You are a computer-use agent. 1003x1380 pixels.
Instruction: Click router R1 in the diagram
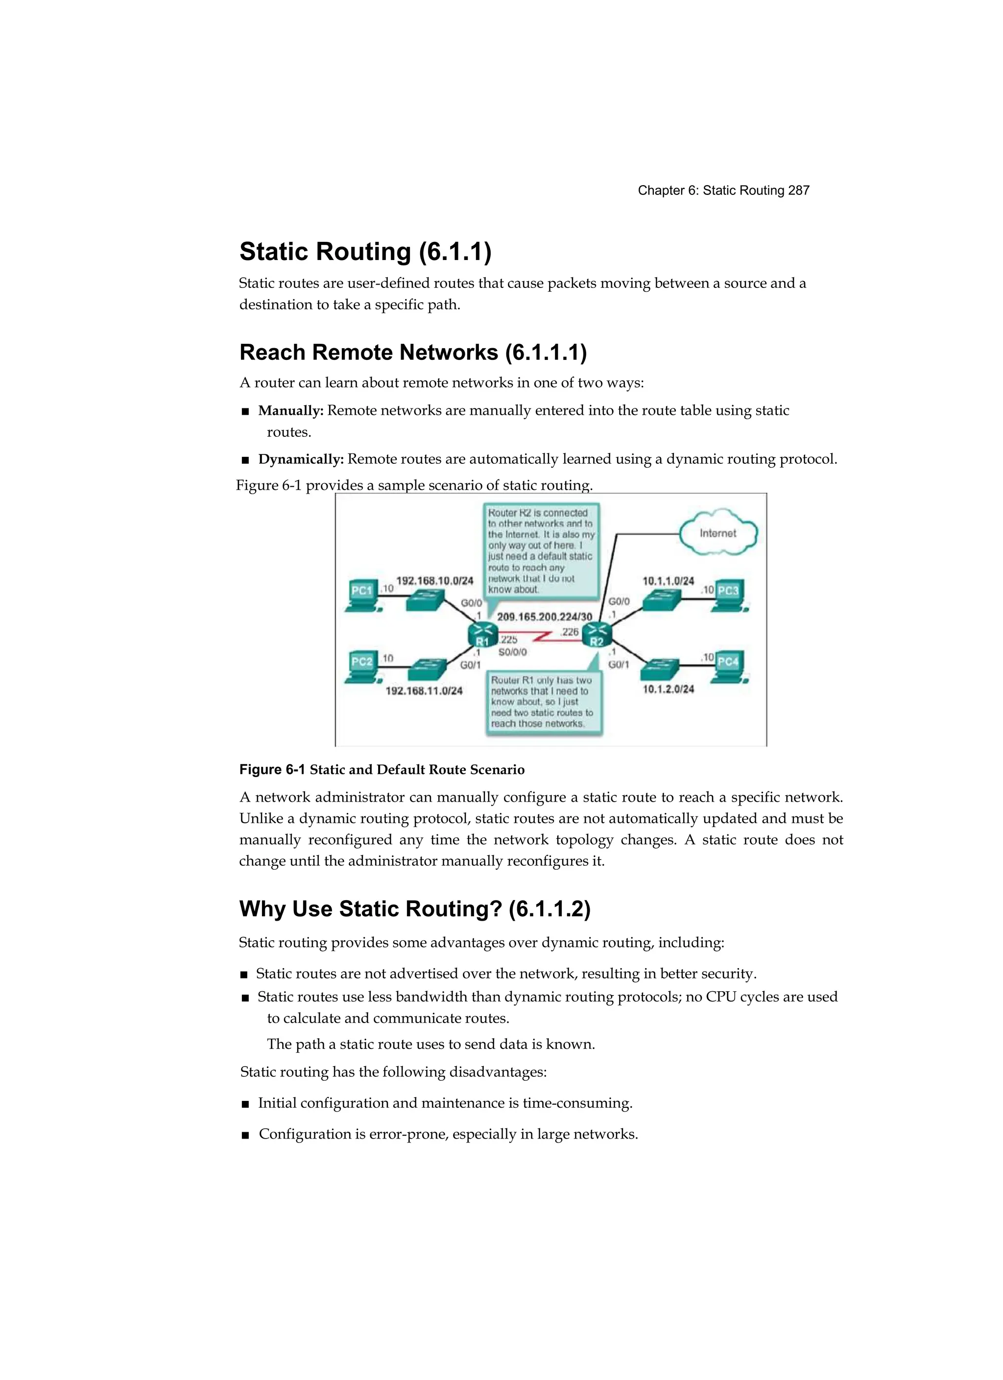pyautogui.click(x=482, y=636)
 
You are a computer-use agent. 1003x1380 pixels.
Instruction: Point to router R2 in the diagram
pyautogui.click(x=597, y=636)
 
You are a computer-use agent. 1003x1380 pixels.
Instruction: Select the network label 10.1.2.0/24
pyautogui.click(x=669, y=689)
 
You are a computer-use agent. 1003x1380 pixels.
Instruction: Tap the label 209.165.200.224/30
pyautogui.click(x=544, y=617)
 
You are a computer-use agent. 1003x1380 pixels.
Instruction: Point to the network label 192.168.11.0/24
pyautogui.click(x=424, y=690)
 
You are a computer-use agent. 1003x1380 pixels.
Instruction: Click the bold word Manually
pyautogui.click(x=290, y=411)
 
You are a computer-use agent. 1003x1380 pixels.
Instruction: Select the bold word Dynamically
pyautogui.click(x=301, y=459)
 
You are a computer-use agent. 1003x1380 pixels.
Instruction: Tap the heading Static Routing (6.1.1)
pyautogui.click(x=365, y=251)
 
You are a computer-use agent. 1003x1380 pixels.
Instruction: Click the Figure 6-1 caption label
pyautogui.click(x=272, y=770)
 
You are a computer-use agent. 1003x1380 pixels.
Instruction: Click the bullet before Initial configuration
pyautogui.click(x=245, y=1104)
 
